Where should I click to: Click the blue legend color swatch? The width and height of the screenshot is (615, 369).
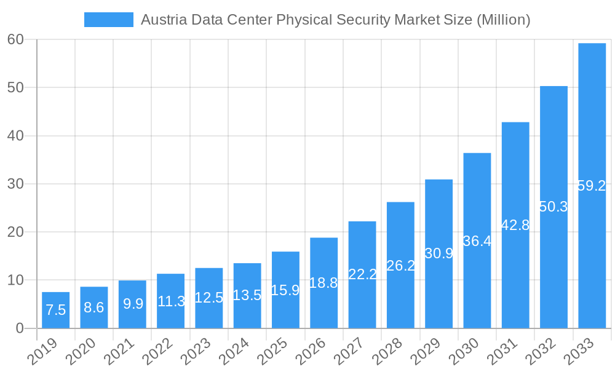pyautogui.click(x=108, y=20)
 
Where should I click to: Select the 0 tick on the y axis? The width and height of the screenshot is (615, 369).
pyautogui.click(x=20, y=328)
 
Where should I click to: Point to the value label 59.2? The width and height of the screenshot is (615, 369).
pyautogui.click(x=592, y=186)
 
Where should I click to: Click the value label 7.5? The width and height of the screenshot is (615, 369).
pyautogui.click(x=55, y=310)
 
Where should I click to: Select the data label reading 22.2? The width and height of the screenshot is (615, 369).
pyautogui.click(x=362, y=274)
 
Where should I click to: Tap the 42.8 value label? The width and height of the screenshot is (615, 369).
pyautogui.click(x=515, y=225)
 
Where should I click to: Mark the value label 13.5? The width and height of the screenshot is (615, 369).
pyautogui.click(x=247, y=295)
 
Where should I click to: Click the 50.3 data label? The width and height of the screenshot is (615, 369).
pyautogui.click(x=553, y=207)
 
